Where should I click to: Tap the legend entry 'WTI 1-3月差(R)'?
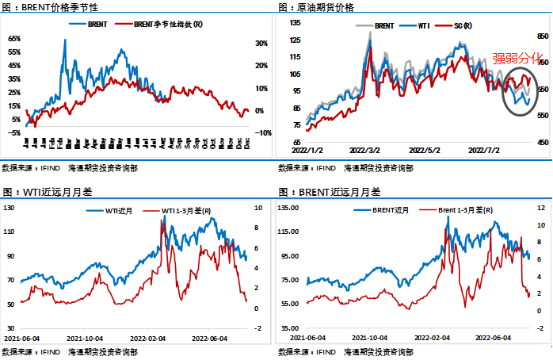point(185,210)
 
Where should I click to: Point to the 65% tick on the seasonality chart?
point(14,38)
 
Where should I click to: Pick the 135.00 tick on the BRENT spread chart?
point(288,208)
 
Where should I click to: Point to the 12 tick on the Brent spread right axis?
point(539,208)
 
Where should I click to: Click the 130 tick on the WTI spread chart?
point(10,208)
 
